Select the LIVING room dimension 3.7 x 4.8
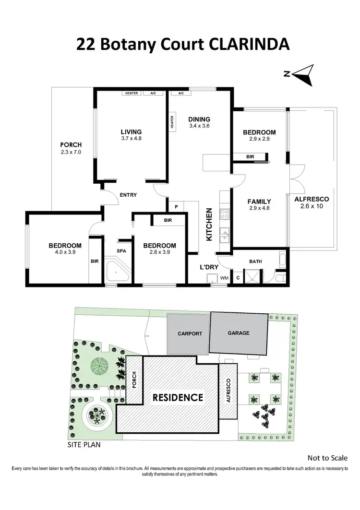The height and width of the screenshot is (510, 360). [131, 138]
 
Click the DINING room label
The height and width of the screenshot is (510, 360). [199, 119]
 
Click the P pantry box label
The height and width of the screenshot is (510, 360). [177, 207]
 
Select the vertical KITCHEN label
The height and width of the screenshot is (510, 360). [209, 224]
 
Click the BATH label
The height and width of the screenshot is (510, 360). [255, 261]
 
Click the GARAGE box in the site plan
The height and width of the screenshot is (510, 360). [239, 333]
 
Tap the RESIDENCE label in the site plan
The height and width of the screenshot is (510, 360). [178, 397]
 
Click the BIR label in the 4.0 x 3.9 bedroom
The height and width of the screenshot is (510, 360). [94, 261]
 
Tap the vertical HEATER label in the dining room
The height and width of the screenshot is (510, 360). [171, 121]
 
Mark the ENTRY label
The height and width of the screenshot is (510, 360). [129, 195]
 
